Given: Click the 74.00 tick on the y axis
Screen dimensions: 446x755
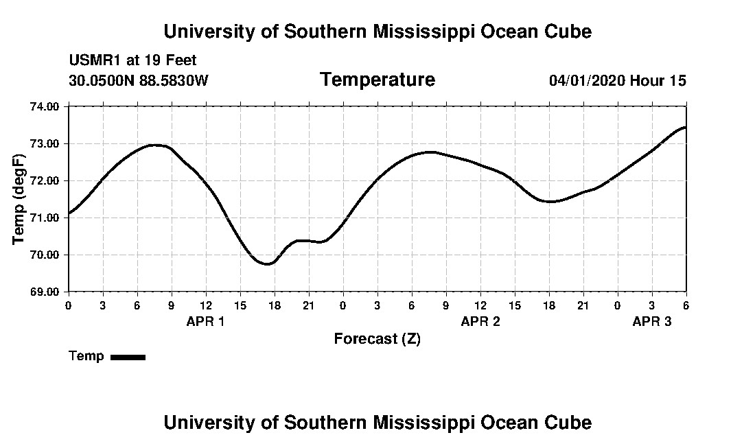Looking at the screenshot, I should coord(46,106).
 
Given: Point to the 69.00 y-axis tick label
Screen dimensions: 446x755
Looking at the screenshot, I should coord(46,292).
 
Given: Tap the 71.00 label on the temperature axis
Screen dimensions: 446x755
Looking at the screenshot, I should coord(46,218).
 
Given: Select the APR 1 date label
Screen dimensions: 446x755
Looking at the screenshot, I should coord(205,321).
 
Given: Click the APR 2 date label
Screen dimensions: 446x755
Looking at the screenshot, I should coord(480,321).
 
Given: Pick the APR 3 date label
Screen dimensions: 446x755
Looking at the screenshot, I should coord(651,321).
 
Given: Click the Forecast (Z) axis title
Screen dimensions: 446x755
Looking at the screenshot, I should coord(377,338).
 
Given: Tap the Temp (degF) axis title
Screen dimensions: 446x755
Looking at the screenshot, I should coord(19,199).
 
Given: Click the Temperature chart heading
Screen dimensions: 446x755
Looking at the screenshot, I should coord(377,80).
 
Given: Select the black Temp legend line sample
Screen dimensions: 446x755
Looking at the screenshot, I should coord(128,357).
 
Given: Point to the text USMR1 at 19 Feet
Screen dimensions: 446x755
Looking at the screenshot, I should coord(132,60).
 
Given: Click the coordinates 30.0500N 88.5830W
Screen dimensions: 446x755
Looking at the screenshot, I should coord(138,81).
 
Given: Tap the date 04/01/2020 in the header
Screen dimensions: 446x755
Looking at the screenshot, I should coord(586,81).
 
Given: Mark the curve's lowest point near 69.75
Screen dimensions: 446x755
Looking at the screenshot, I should coord(268,263).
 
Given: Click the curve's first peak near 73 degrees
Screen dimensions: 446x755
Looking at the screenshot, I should coord(156,145).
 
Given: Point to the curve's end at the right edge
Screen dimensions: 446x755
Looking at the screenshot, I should coord(685,128).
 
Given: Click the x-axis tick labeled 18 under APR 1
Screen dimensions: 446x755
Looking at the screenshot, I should coord(275,305).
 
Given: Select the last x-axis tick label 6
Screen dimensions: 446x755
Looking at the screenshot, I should coord(685,305).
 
